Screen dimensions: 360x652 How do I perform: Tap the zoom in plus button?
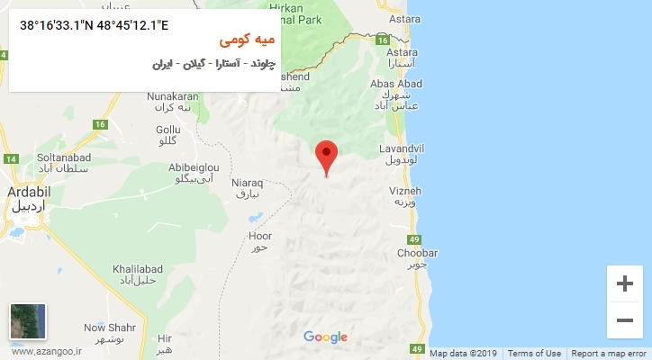tap(624, 284)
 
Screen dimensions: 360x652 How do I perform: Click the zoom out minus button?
tap(624, 319)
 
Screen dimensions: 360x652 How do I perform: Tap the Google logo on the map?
tap(325, 337)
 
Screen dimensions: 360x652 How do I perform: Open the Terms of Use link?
tap(534, 354)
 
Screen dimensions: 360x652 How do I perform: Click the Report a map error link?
tap(608, 354)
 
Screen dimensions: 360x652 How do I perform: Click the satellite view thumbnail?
tap(28, 321)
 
